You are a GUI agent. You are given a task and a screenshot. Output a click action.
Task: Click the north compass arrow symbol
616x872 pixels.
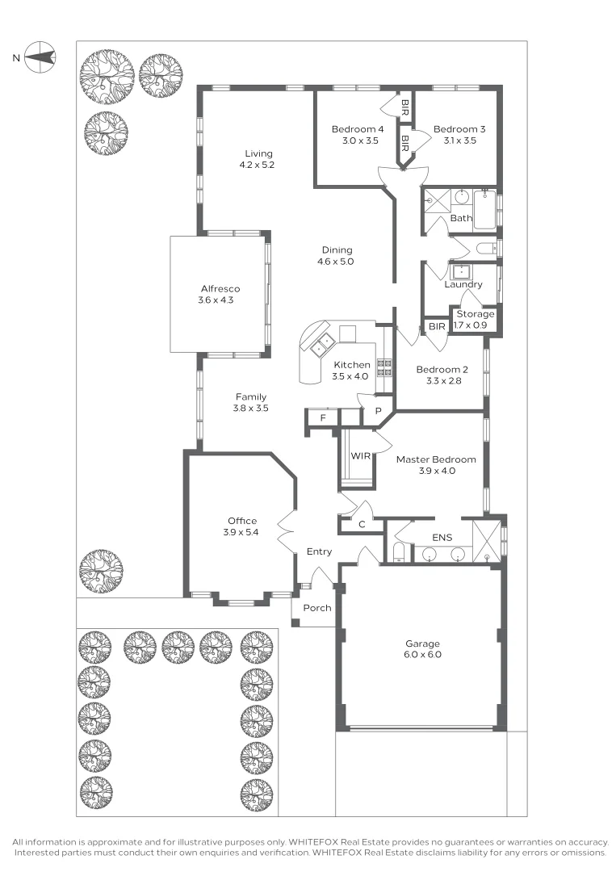[x=40, y=57]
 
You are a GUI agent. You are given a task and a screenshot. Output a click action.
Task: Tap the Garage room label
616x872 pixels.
[x=423, y=644]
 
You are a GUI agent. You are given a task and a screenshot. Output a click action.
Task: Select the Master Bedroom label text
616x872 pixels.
[x=435, y=459]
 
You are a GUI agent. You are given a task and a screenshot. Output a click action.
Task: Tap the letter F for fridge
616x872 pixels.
[x=323, y=417]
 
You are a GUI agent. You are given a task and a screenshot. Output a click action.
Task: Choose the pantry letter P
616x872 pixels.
[x=376, y=411]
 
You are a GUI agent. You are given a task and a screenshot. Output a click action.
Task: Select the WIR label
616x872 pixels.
[x=360, y=456]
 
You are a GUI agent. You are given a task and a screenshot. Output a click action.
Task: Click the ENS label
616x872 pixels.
[x=442, y=536]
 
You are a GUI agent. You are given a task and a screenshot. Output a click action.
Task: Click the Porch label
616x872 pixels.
[x=316, y=608]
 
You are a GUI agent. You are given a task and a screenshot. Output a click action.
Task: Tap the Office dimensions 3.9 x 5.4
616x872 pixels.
[x=242, y=532]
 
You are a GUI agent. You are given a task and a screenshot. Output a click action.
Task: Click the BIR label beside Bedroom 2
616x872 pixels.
[x=437, y=327]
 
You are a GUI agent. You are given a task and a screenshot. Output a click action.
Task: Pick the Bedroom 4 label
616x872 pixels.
[x=358, y=129]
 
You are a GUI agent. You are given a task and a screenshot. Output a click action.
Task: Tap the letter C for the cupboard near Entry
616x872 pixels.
[x=362, y=525]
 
